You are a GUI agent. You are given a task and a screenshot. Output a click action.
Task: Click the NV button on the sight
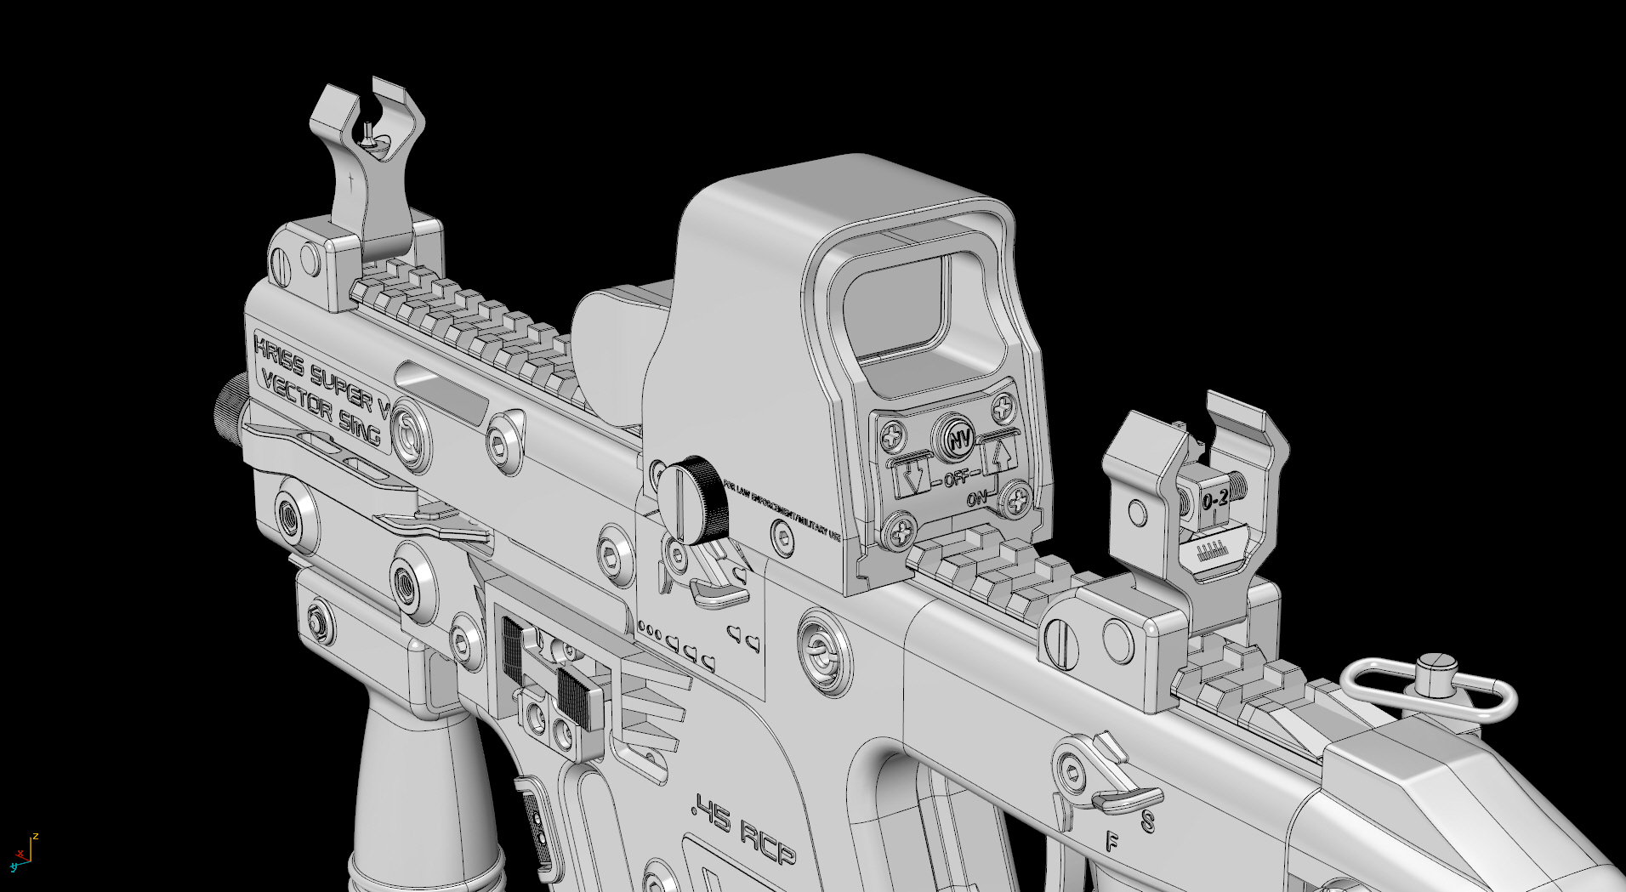pyautogui.click(x=960, y=440)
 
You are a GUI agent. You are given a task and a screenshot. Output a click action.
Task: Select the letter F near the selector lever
pyautogui.click(x=1111, y=842)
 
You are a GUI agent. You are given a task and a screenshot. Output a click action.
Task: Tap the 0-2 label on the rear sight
pyautogui.click(x=1215, y=500)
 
